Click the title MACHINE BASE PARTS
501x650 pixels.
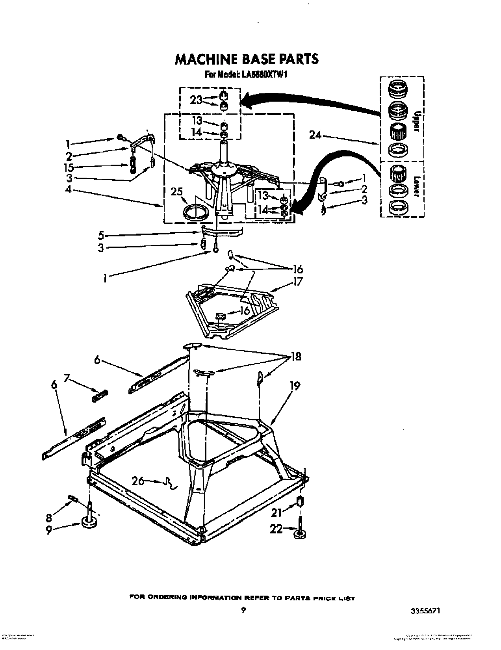point(246,59)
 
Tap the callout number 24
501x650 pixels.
point(315,136)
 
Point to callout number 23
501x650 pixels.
point(196,100)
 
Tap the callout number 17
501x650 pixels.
point(298,282)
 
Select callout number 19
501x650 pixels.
point(295,386)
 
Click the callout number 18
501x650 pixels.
point(295,357)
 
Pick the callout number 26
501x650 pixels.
point(138,481)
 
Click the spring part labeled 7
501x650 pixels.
point(100,395)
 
